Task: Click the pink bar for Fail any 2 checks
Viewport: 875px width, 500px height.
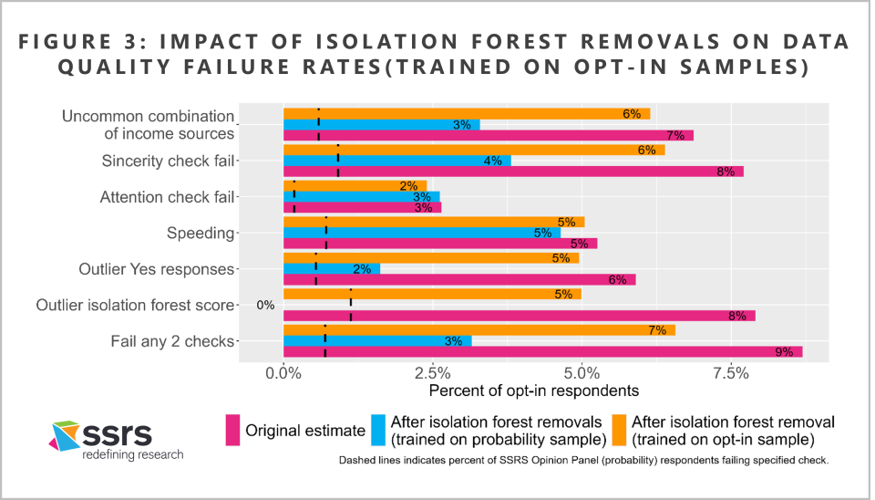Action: point(542,351)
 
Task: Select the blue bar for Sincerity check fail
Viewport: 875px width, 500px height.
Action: point(396,161)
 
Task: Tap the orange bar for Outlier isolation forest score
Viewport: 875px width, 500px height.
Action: point(432,294)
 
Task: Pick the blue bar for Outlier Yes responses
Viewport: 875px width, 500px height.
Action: point(332,269)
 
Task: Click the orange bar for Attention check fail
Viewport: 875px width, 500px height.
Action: point(355,186)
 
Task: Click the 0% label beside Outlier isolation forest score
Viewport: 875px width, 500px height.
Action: point(265,306)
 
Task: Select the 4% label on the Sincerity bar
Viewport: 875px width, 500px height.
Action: point(492,161)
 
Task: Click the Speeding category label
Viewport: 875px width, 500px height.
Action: point(200,233)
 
